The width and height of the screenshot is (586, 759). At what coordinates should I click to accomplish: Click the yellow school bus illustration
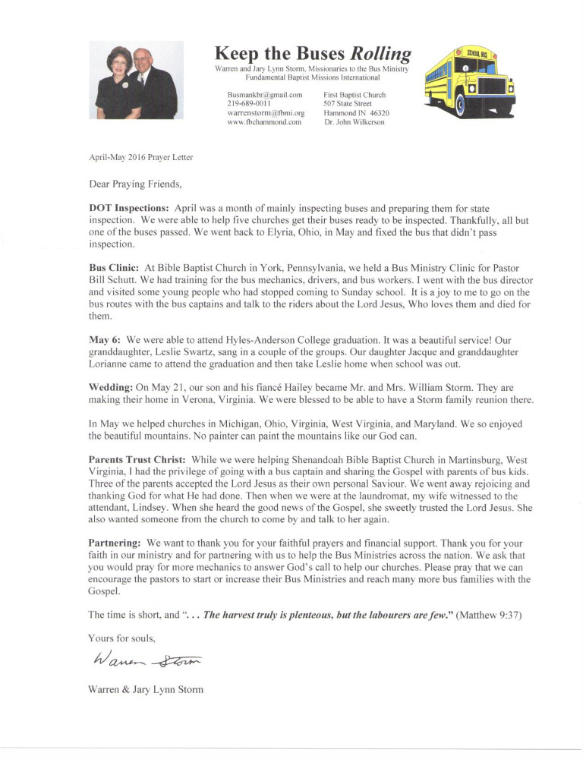[468, 82]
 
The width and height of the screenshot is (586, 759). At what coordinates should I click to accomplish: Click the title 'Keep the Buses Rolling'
[313, 53]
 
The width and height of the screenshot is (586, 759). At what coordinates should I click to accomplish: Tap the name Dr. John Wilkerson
[354, 121]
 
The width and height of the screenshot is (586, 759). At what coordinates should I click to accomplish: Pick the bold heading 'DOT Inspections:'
[129, 208]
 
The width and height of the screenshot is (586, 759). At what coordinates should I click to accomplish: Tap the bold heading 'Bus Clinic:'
[113, 268]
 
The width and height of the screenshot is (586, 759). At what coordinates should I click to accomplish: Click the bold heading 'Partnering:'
[115, 543]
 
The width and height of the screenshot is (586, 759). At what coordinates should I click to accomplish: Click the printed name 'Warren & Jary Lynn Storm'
[146, 689]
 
